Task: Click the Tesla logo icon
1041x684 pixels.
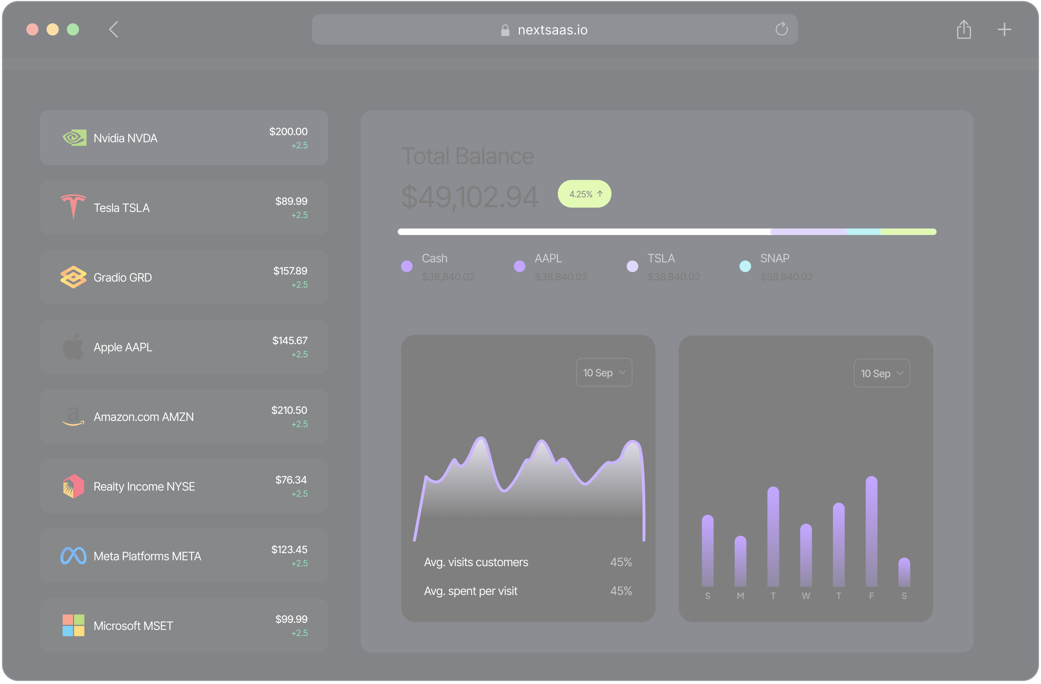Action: tap(73, 207)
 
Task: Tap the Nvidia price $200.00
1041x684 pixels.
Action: tap(288, 131)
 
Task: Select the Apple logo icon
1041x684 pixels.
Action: tap(73, 347)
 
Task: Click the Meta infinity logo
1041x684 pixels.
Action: tap(73, 556)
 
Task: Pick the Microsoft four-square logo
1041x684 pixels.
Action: tap(73, 625)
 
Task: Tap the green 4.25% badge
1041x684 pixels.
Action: tap(584, 194)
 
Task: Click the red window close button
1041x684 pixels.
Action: tap(32, 29)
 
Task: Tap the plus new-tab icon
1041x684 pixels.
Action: tap(1004, 29)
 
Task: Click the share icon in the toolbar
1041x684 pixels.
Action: tap(964, 29)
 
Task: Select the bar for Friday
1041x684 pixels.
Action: tap(871, 531)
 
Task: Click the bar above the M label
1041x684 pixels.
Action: tap(740, 561)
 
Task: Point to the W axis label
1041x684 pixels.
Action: tap(806, 596)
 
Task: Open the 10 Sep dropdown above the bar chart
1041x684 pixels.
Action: tap(881, 373)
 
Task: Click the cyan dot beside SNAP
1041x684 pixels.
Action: tap(745, 266)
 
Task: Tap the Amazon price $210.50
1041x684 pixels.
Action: tap(289, 410)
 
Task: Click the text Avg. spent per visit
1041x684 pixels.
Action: tap(471, 591)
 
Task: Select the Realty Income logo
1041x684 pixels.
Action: tap(73, 486)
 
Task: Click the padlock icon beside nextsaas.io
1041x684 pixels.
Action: tap(505, 30)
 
